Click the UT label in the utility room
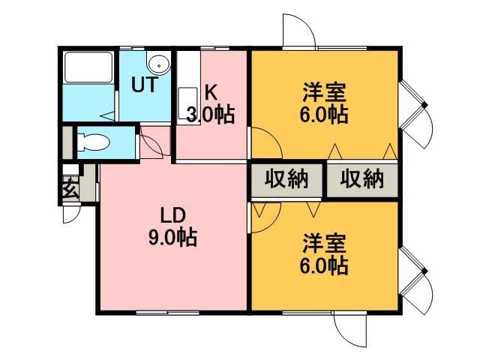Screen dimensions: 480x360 [145, 85]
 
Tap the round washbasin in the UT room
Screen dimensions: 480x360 [159, 63]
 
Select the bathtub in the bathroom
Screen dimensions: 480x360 [88, 67]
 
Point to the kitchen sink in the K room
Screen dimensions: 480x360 [187, 103]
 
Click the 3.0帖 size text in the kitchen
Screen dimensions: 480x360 [211, 115]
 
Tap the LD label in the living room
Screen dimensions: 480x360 [173, 215]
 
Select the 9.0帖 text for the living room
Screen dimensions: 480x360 [173, 237]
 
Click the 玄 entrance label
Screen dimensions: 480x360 [70, 187]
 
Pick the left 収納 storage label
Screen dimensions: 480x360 [286, 178]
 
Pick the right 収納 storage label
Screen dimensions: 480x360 [362, 178]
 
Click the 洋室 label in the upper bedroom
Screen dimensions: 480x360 [324, 92]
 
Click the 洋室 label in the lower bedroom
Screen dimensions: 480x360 [324, 243]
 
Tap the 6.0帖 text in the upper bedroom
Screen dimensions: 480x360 [324, 115]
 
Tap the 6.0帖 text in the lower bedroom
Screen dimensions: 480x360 [324, 265]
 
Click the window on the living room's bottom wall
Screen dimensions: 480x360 [168, 313]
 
